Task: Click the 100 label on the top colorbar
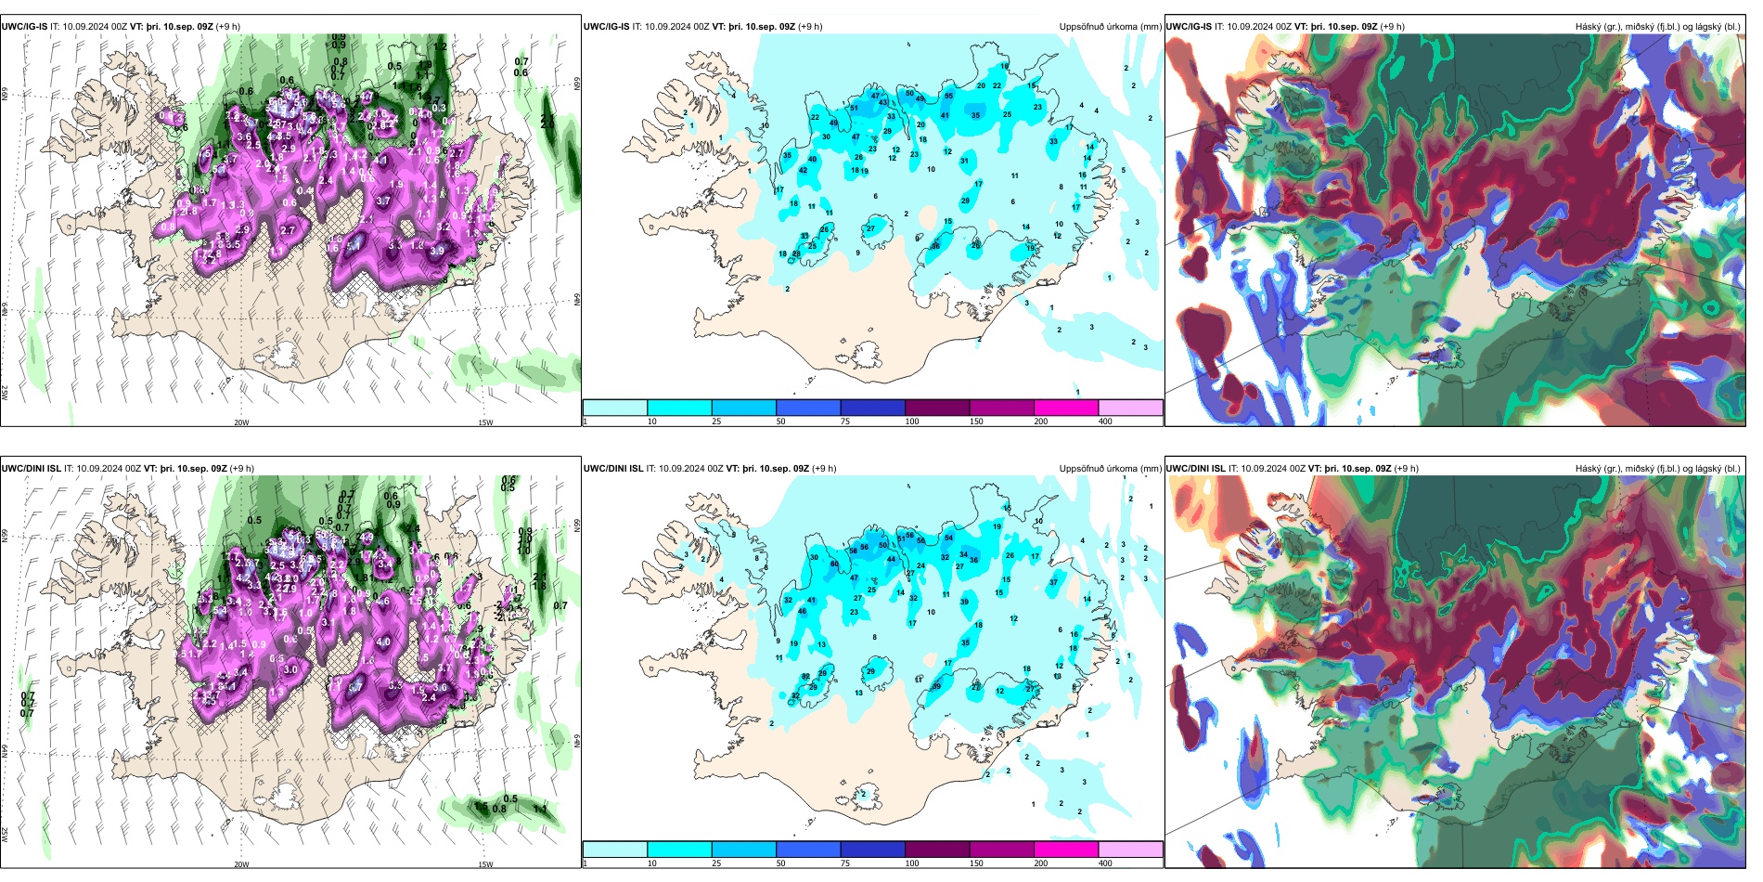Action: (x=912, y=422)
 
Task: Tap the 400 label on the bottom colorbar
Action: (x=1105, y=863)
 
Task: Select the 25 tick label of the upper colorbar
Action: (x=716, y=422)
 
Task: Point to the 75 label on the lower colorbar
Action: (x=845, y=863)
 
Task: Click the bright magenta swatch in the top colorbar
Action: (x=1066, y=408)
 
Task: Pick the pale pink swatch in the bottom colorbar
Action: (x=1130, y=850)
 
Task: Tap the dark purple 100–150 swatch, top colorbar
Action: (x=937, y=408)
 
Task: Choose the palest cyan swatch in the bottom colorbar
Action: (x=614, y=850)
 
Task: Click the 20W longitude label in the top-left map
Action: (x=241, y=422)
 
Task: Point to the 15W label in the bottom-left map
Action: (x=485, y=864)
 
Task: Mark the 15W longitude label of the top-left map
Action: (x=485, y=422)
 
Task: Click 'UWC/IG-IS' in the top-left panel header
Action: (x=24, y=26)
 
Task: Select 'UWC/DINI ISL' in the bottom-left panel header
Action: (x=31, y=468)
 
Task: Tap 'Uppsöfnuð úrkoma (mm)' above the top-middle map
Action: (x=1110, y=26)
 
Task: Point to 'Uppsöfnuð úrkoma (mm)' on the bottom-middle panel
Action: (x=1110, y=468)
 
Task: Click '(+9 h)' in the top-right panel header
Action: (x=1392, y=26)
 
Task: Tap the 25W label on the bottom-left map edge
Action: (x=5, y=835)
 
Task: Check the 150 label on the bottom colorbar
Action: (x=976, y=863)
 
